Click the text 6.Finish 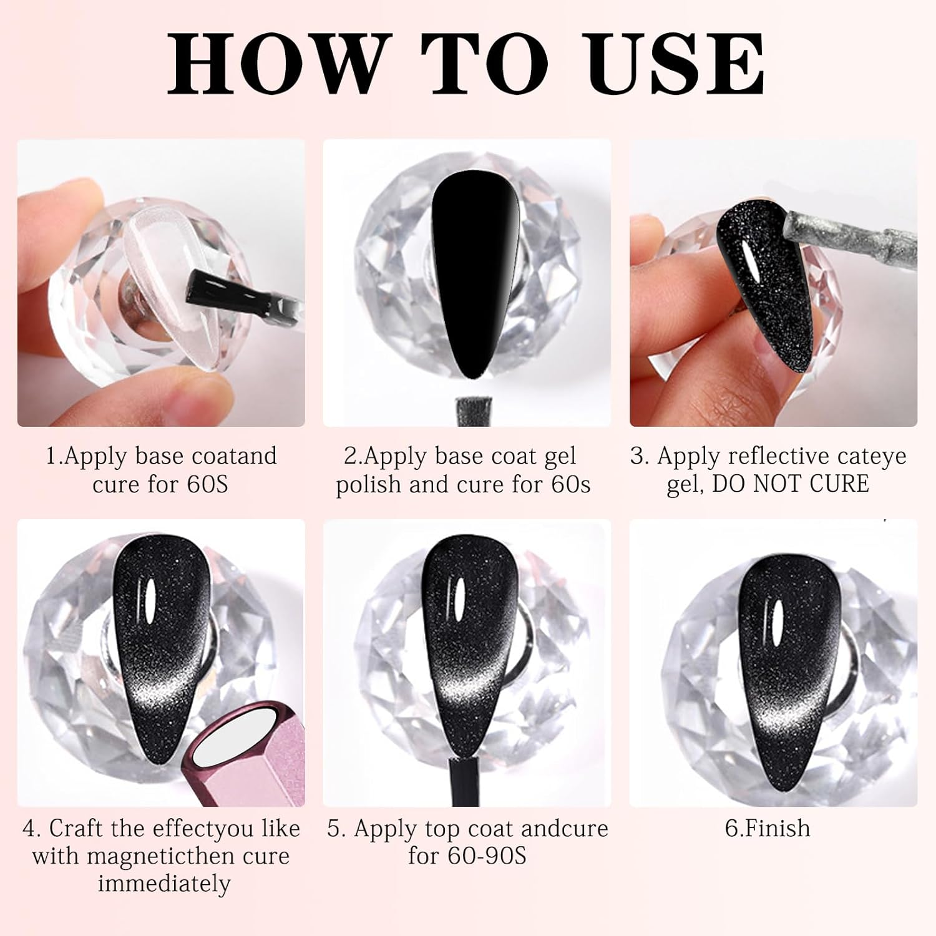[x=767, y=829]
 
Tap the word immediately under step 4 [x=164, y=884]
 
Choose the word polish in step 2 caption [x=369, y=485]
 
